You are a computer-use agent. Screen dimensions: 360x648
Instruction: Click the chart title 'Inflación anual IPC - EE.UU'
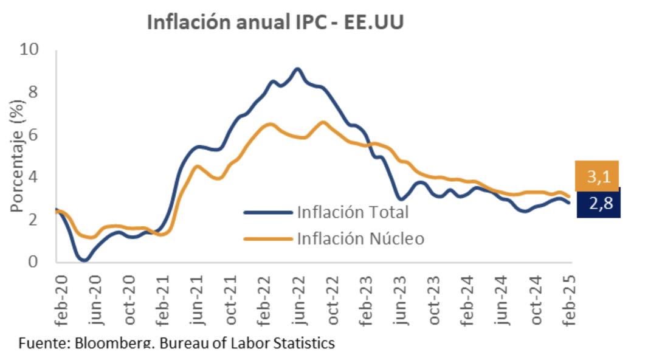click(x=275, y=22)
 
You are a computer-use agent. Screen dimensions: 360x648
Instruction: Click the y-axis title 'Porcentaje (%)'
click(x=17, y=157)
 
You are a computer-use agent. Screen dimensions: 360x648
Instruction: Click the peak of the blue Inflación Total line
click(x=297, y=69)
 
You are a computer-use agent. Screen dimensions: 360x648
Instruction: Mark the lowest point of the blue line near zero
click(x=83, y=260)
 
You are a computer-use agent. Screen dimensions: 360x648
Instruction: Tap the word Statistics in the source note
click(x=303, y=344)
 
